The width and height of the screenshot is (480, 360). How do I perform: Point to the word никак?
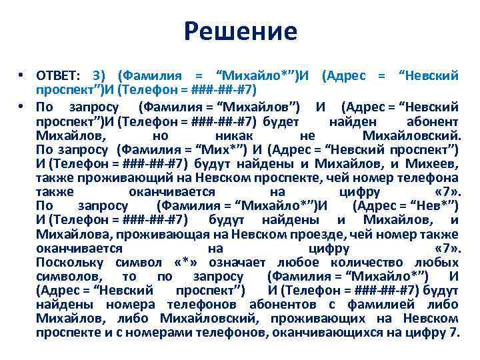pyautogui.click(x=237, y=136)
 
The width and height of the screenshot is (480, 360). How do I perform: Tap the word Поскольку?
pyautogui.click(x=67, y=263)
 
